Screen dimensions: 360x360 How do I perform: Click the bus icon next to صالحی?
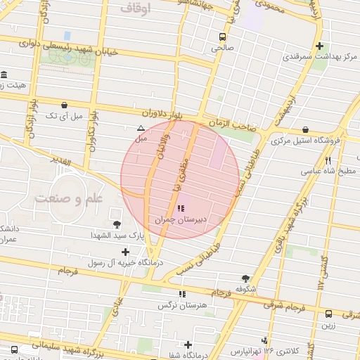(223, 37)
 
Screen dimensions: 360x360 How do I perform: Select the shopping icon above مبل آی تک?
(65, 103)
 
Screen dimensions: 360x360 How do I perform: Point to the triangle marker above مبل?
(141, 128)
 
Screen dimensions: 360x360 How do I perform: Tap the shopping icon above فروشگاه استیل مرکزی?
(305, 129)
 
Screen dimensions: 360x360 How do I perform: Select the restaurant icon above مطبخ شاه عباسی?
(328, 160)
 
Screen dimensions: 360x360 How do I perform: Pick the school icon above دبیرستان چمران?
(181, 209)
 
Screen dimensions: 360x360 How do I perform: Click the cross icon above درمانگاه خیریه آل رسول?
(125, 252)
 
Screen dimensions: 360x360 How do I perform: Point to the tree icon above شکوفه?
(245, 278)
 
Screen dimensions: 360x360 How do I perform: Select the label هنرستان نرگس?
(182, 305)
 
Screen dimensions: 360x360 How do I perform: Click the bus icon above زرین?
(328, 314)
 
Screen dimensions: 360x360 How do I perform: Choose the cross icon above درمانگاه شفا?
(188, 345)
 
